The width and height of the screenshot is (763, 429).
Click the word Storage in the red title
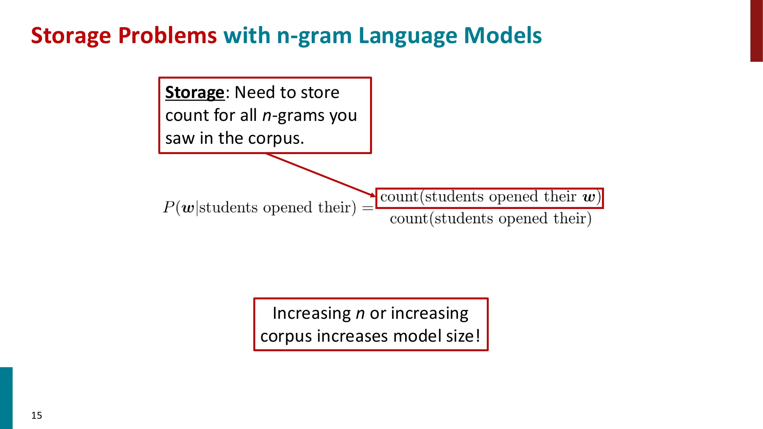71,36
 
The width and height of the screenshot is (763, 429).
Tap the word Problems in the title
167,36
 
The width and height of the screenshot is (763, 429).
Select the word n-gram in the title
314,36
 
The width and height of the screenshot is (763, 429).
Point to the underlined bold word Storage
195,93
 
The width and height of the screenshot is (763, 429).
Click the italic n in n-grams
267,116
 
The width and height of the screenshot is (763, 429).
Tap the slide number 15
37,415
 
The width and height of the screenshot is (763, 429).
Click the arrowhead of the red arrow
373,195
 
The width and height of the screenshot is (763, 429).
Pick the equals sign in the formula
367,208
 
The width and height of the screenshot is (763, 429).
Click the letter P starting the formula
168,207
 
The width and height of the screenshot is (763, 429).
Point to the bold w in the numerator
589,197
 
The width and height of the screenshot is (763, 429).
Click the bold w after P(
188,208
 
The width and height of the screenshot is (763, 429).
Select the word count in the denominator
409,219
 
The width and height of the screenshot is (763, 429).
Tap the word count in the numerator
399,197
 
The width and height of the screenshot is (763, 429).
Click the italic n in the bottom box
360,313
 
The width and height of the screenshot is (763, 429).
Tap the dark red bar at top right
756,31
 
